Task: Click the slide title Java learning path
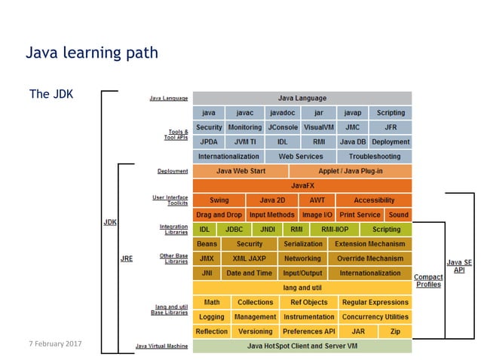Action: [92, 53]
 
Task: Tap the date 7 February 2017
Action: [55, 343]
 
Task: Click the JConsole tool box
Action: [283, 127]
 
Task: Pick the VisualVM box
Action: [319, 127]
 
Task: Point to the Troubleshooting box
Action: [375, 157]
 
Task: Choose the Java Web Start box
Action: [240, 171]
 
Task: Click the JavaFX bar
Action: [302, 185]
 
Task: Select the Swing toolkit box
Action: [219, 200]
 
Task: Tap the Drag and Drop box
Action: [219, 215]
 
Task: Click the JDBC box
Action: [234, 230]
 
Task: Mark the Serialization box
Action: [303, 244]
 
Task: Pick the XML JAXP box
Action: [250, 258]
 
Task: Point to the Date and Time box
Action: [250, 273]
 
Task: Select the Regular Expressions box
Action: [375, 302]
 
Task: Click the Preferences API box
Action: [309, 331]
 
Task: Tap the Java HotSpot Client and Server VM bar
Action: [302, 346]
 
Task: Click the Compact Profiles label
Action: [428, 281]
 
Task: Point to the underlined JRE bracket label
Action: [127, 258]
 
